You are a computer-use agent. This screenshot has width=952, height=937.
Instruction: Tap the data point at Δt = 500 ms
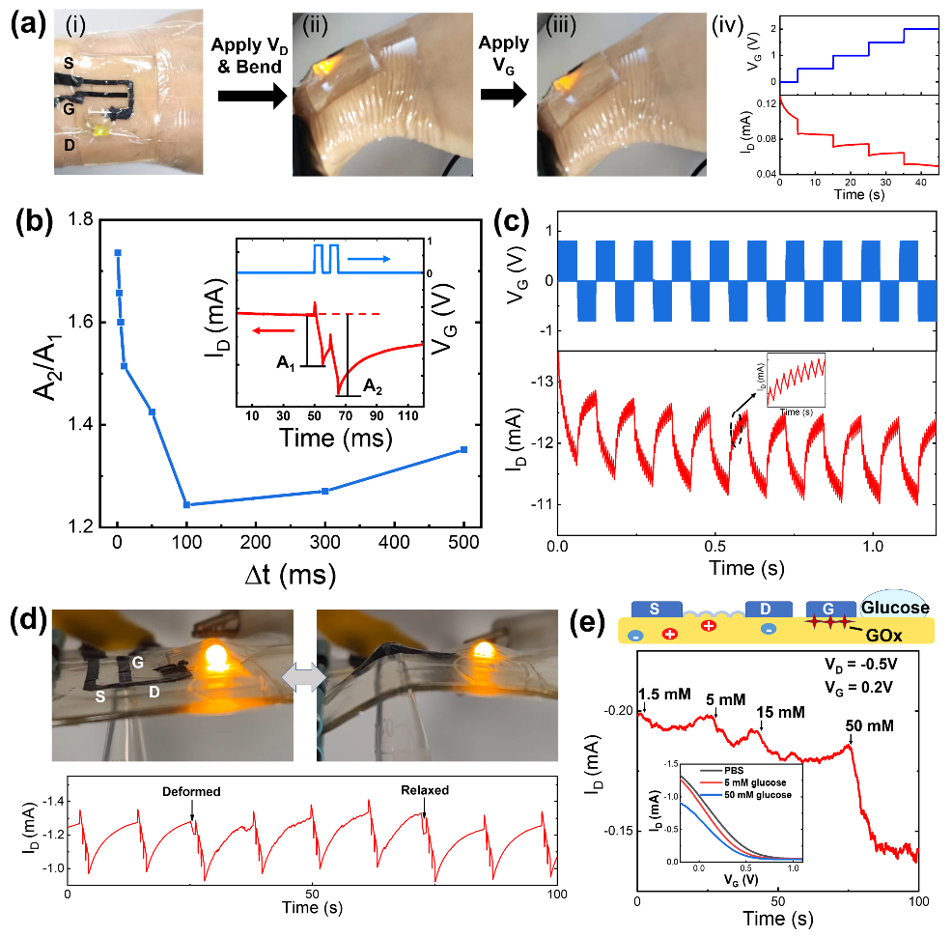pyautogui.click(x=464, y=449)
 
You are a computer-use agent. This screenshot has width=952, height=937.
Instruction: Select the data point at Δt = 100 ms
pyautogui.click(x=186, y=504)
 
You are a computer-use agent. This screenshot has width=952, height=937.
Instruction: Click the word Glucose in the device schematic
pyautogui.click(x=897, y=608)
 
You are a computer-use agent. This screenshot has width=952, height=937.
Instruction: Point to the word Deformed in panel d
pyautogui.click(x=190, y=791)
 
